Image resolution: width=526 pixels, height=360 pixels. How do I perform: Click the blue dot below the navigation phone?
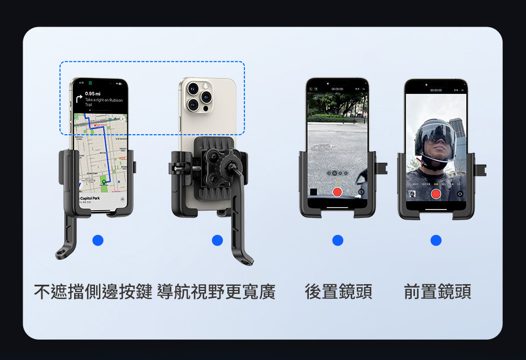pos(98,241)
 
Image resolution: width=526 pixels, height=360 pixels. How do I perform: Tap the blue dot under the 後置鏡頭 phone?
pos(338,241)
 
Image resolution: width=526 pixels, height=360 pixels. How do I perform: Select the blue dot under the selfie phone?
pos(436,241)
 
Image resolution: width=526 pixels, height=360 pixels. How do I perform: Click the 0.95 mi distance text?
pos(93,93)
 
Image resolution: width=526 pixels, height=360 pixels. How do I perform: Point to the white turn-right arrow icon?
pos(79,98)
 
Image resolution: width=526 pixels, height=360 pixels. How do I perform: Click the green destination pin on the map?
pos(104,182)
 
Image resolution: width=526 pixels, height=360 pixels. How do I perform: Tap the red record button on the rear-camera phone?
pos(338,192)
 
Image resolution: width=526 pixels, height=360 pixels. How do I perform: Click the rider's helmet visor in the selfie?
pos(436,136)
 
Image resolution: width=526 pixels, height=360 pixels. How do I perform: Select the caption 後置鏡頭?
pos(338,292)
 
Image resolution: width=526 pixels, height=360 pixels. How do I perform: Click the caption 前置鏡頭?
pos(437,292)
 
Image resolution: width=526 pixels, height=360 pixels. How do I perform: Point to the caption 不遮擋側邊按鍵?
pos(93,292)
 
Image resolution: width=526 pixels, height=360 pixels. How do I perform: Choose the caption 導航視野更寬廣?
pos(217,292)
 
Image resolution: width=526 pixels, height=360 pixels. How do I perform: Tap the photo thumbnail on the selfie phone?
pos(412,194)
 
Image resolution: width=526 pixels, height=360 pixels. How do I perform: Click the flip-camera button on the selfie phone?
pos(460,194)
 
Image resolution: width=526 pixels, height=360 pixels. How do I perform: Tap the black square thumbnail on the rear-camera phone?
pos(313,192)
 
